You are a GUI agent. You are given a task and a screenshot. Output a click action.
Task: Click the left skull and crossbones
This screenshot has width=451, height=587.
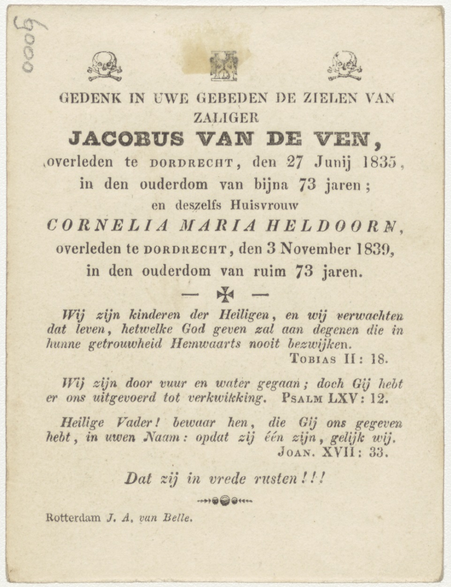pyautogui.click(x=104, y=66)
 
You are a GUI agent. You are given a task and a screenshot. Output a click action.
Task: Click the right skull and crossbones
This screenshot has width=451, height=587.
pyautogui.click(x=344, y=66)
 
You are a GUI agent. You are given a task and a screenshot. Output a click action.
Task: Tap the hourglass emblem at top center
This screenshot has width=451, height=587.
pyautogui.click(x=224, y=65)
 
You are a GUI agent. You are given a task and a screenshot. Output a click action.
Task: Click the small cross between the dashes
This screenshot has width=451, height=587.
pyautogui.click(x=225, y=294)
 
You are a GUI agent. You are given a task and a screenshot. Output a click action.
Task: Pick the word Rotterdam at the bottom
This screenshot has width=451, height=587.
pyautogui.click(x=73, y=518)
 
